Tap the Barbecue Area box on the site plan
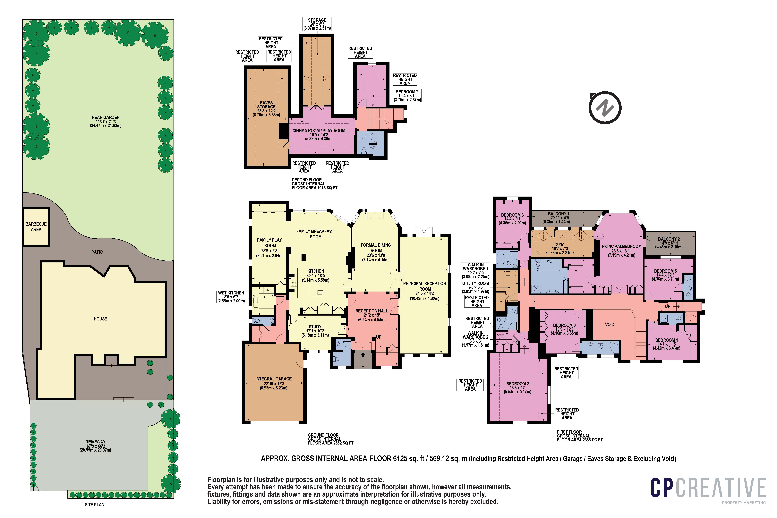click(x=36, y=227)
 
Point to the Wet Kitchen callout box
click(x=231, y=297)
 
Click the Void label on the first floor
click(x=610, y=324)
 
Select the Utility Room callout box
click(x=475, y=287)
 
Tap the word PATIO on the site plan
click(x=97, y=252)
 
